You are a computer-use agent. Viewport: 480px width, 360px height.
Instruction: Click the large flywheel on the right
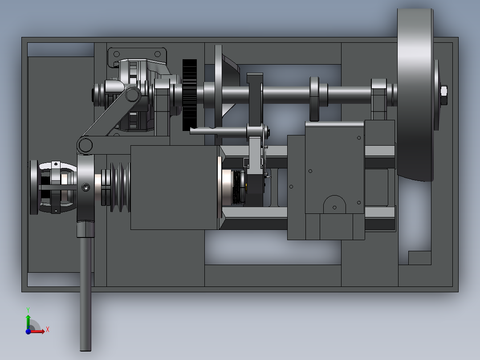[415, 95]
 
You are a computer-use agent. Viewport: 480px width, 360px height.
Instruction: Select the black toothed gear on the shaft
[190, 95]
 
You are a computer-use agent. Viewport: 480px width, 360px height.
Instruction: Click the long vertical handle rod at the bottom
[85, 294]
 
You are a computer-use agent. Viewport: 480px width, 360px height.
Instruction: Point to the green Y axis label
[28, 310]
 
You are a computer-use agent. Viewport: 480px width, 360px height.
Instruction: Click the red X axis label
[48, 330]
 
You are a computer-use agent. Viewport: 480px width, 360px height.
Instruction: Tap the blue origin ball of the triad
[28, 331]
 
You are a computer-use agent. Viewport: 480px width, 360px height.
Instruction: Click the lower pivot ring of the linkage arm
[85, 145]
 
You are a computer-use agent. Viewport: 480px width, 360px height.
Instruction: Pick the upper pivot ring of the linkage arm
[132, 94]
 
